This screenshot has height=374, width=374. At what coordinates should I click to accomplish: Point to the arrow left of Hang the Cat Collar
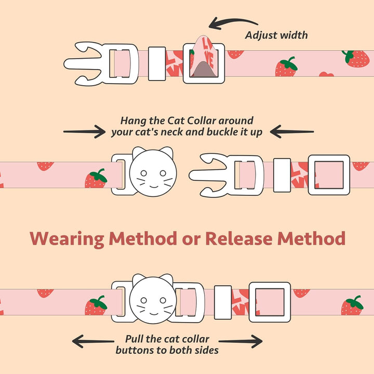(x=85, y=131)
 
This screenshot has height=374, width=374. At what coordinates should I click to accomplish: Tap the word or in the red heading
(x=190, y=239)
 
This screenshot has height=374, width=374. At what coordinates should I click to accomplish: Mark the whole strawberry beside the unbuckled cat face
(x=96, y=178)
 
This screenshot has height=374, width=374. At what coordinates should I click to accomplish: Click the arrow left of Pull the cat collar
(x=93, y=341)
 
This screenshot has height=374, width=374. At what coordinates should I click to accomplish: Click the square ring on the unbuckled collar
(x=329, y=175)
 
